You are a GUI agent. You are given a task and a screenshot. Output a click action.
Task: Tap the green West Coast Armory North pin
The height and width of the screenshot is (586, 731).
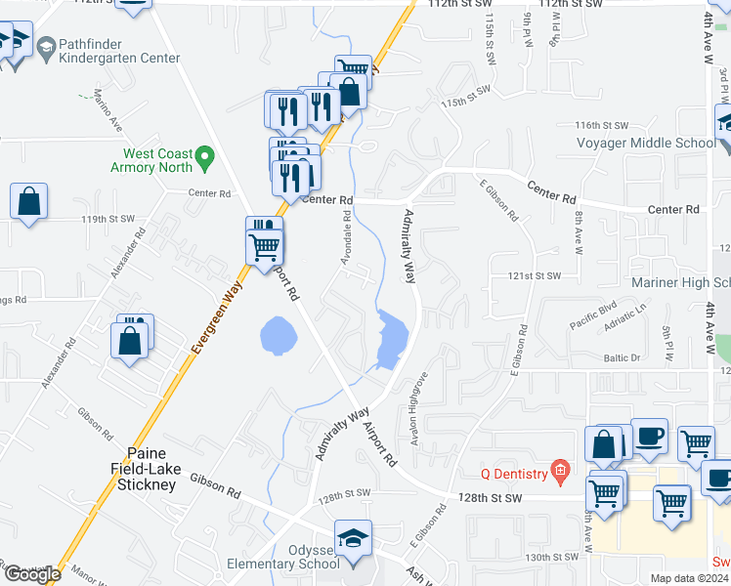tap(204, 155)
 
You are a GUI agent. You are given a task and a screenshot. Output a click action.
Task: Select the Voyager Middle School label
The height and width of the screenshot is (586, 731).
tap(646, 144)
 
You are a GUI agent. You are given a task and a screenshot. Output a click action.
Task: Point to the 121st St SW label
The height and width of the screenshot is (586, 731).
tap(535, 276)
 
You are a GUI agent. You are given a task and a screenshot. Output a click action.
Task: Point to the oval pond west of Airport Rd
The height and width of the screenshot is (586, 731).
tap(278, 335)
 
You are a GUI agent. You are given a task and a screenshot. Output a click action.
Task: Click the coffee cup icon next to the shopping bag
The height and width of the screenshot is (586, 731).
tap(649, 439)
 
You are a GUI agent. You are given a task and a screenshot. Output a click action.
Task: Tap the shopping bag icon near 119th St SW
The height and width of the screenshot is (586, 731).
tap(28, 202)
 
